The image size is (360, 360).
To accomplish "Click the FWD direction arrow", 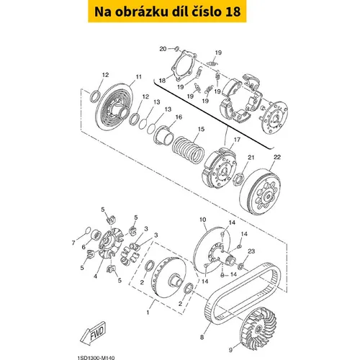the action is pos(93,333).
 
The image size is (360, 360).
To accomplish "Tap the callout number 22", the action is pos(277,157).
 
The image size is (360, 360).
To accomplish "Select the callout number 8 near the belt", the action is pos(202,337).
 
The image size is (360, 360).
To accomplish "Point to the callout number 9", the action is pos(230,350).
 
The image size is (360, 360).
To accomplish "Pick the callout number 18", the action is pos(163,81).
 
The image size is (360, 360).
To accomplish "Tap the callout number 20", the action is pos(163,49).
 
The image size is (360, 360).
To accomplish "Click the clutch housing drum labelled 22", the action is pos(260,192).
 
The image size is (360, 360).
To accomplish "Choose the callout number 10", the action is pos(203,220).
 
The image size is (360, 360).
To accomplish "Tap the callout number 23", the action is pos(251,251).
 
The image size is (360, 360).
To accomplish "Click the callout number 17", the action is pos(237,140).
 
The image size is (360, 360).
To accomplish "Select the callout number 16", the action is pos(179,117).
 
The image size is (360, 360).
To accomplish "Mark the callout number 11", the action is pos(139,77).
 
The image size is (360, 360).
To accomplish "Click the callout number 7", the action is pos(73,243).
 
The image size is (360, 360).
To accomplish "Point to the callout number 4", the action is pos(95,276).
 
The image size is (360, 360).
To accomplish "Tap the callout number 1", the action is pos(148,312).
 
